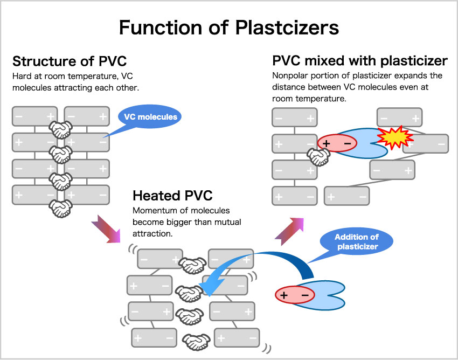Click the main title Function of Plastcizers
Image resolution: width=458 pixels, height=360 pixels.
pyautogui.click(x=229, y=27)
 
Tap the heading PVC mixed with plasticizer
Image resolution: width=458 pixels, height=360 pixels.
pyautogui.click(x=360, y=60)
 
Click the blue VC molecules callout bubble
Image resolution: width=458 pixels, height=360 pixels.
pyautogui.click(x=150, y=117)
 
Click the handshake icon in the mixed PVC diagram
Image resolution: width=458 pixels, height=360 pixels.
pyautogui.click(x=318, y=157)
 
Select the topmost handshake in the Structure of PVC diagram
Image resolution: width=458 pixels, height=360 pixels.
pyautogui.click(x=60, y=128)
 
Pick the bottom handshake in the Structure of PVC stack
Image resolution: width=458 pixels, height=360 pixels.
pyautogui.click(x=60, y=207)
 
